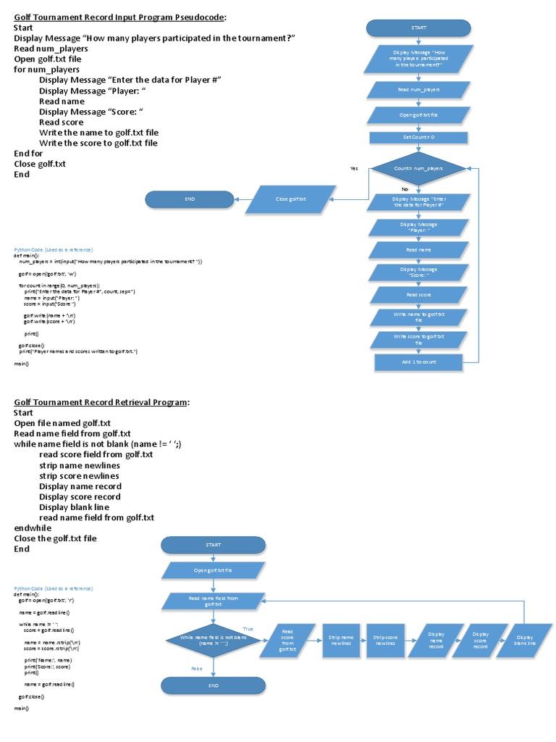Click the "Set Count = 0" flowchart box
pos(418,137)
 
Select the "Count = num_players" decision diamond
pos(418,168)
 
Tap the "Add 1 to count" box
pos(418,361)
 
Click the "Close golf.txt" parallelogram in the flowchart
pos(291,199)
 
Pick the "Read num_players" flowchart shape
pos(418,90)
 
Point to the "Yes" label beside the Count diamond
pos(354,168)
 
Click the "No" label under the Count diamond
pos(405,189)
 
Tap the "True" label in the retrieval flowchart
pos(248,628)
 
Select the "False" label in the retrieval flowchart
pos(196,668)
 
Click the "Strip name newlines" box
pos(341,640)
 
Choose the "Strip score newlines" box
pos(384,640)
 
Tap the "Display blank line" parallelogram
pos(524,640)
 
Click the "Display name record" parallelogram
pos(436,640)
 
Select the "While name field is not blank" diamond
pos(214,640)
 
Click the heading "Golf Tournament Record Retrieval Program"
pos(101,402)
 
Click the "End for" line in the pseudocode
pos(28,154)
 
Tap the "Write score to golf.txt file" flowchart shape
pos(418,339)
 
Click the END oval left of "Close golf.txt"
pos(190,199)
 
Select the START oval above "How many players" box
pos(418,28)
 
